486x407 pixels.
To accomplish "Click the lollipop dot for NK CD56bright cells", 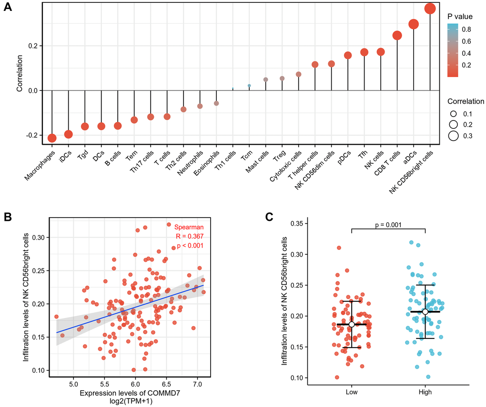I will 430,9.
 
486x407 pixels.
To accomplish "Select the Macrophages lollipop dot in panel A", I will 52,138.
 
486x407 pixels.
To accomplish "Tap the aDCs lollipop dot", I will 413,24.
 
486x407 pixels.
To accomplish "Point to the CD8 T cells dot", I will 397,35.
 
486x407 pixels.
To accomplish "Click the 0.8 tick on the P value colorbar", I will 466,30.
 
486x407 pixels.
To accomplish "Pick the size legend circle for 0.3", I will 453,136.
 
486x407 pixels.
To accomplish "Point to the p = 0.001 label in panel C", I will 388,223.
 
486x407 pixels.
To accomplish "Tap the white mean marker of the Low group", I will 352,324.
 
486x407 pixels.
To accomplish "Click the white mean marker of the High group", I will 425,312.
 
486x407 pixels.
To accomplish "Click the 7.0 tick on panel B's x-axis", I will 197,383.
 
